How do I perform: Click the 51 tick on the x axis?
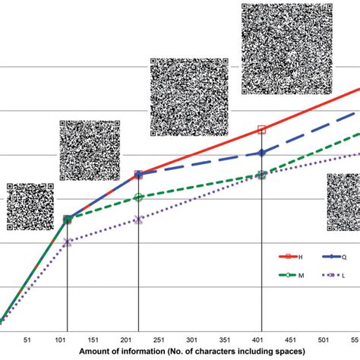click(28, 340)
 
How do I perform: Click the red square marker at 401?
click(262, 130)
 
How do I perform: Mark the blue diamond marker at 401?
click(262, 153)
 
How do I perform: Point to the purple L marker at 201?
click(138, 219)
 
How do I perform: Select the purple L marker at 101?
click(68, 242)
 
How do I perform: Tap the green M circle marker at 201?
click(138, 197)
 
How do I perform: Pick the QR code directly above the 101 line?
click(90, 150)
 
